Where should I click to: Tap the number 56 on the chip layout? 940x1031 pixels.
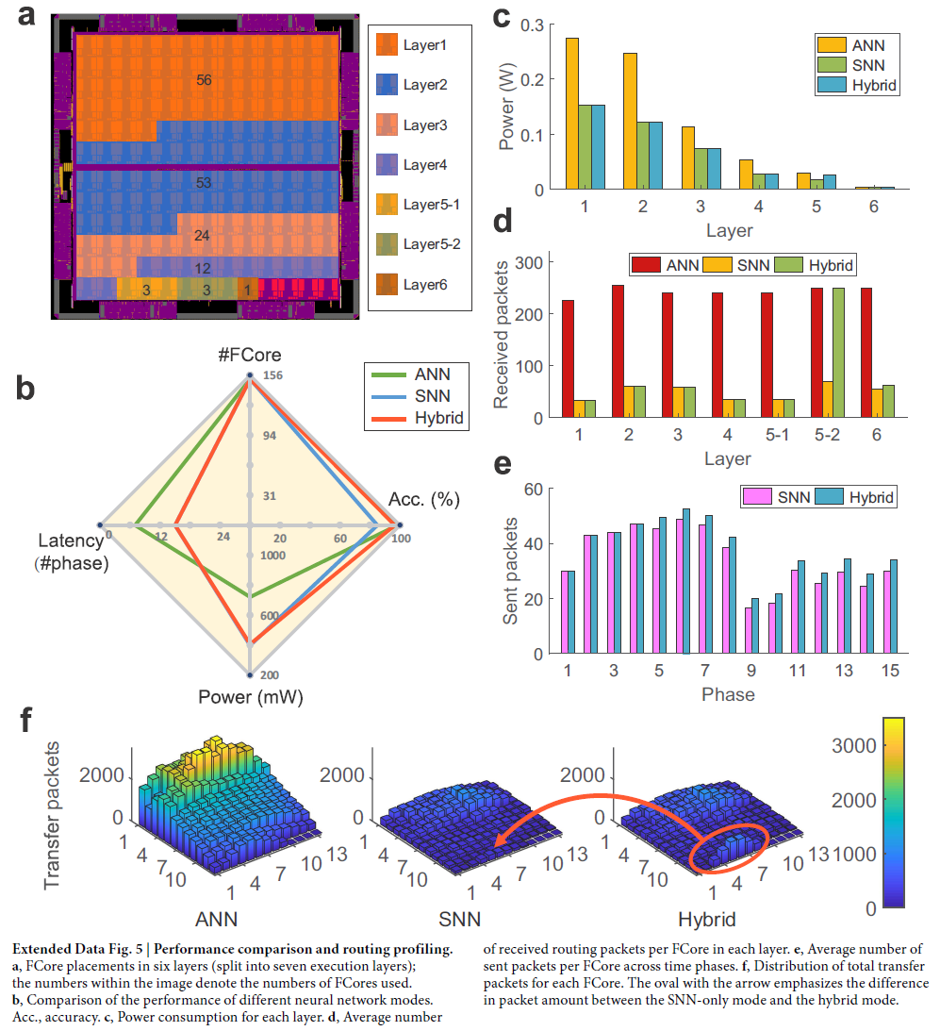click(204, 81)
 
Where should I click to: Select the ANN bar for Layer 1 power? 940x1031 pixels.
click(571, 113)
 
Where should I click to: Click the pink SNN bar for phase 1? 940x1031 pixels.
click(564, 612)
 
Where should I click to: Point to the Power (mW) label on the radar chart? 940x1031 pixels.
click(250, 698)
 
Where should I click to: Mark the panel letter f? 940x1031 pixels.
click(31, 722)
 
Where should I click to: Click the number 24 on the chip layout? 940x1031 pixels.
click(202, 235)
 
